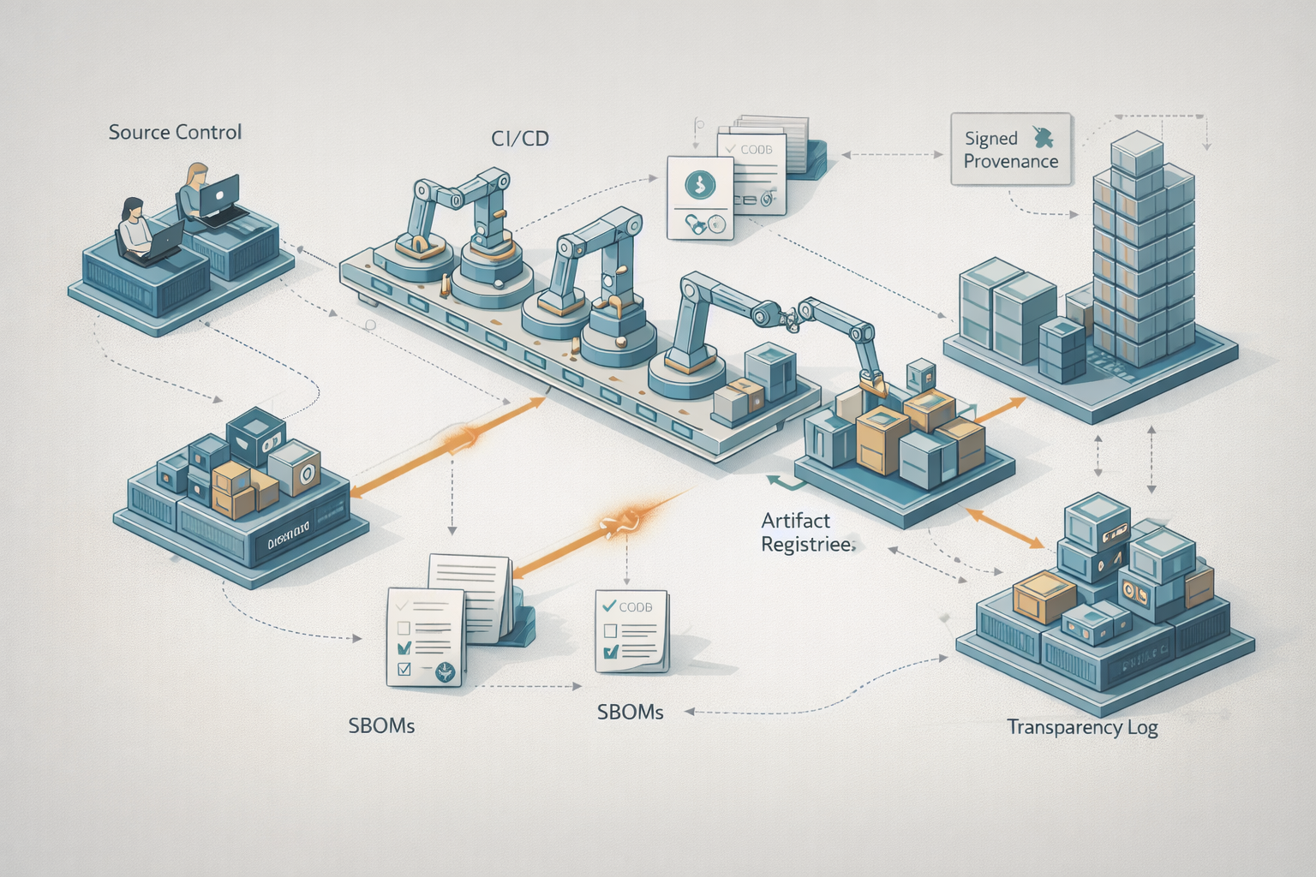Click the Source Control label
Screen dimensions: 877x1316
pyautogui.click(x=175, y=132)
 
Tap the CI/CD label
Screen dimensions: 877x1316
pyautogui.click(x=520, y=138)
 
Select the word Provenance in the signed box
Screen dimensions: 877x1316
pyautogui.click(x=1011, y=161)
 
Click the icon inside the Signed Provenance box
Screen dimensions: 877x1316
pyautogui.click(x=1044, y=136)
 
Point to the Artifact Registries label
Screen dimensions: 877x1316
pyautogui.click(x=806, y=532)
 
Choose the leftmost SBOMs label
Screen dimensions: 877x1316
pyautogui.click(x=381, y=725)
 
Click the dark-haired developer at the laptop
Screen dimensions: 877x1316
pyautogui.click(x=135, y=227)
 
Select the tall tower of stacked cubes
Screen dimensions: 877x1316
pyautogui.click(x=1144, y=248)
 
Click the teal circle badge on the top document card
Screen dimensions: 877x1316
pyautogui.click(x=701, y=182)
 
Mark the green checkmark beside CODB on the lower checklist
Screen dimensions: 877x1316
pyautogui.click(x=609, y=606)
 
